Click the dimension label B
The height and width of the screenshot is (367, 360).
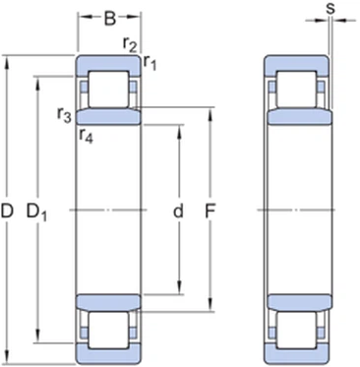pyautogui.click(x=110, y=16)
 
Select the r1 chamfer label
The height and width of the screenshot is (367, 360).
pyautogui.click(x=150, y=63)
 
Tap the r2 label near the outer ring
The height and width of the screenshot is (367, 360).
pyautogui.click(x=129, y=44)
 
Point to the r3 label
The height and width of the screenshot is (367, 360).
pyautogui.click(x=64, y=115)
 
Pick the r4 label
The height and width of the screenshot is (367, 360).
pyautogui.click(x=86, y=135)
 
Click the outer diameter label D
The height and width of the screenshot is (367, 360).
pyautogui.click(x=9, y=212)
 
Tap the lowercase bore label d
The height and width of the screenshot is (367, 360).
pyautogui.click(x=178, y=212)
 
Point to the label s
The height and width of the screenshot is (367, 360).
pyautogui.click(x=331, y=10)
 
